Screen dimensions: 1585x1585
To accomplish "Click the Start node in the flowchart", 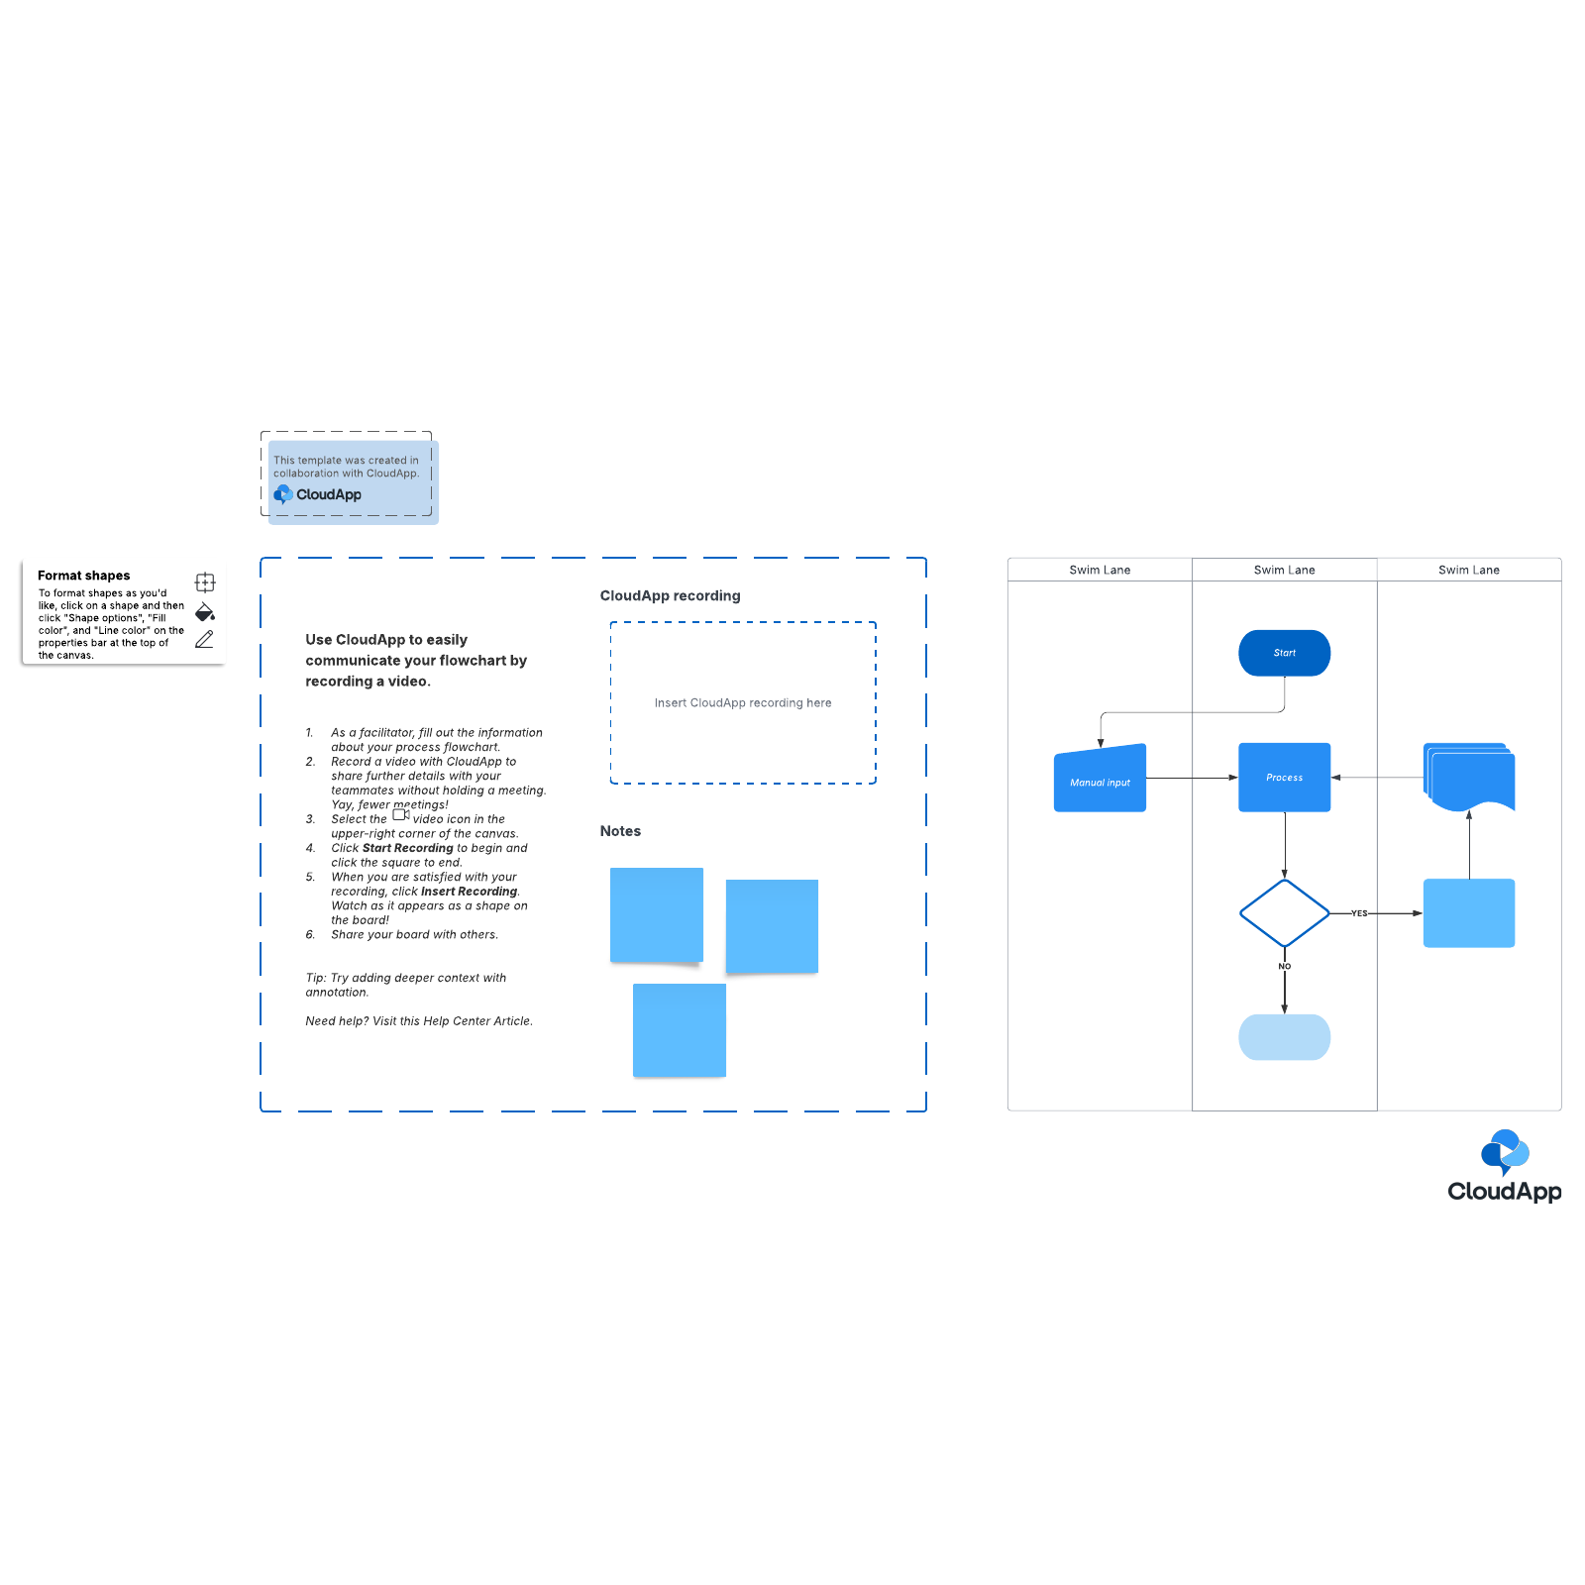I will point(1284,653).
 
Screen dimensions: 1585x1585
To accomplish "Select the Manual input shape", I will point(1100,780).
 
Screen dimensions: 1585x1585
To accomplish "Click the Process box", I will point(1284,778).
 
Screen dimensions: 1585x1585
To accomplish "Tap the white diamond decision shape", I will point(1284,913).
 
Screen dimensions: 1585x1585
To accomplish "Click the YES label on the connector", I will point(1359,913).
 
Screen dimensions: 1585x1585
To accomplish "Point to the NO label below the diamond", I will point(1284,966).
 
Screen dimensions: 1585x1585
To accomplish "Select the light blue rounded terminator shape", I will point(1284,1037).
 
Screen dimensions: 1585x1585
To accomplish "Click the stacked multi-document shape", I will point(1469,778).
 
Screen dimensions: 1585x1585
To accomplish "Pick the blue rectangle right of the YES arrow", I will point(1469,913).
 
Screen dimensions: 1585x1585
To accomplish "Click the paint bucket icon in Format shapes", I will point(205,611).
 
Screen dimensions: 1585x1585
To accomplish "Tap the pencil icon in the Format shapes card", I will point(204,640).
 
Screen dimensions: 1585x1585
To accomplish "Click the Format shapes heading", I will point(84,576).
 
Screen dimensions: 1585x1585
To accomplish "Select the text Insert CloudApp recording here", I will point(743,703).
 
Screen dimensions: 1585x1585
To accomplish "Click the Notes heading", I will point(620,831).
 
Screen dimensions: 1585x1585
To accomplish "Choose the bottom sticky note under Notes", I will point(680,1030).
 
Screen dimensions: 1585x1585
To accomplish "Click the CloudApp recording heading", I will point(670,595).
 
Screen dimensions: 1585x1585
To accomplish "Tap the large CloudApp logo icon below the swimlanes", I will point(1505,1151).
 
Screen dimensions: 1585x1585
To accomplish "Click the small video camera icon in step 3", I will point(401,815).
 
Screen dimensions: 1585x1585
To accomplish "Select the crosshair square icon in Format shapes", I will point(205,582).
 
